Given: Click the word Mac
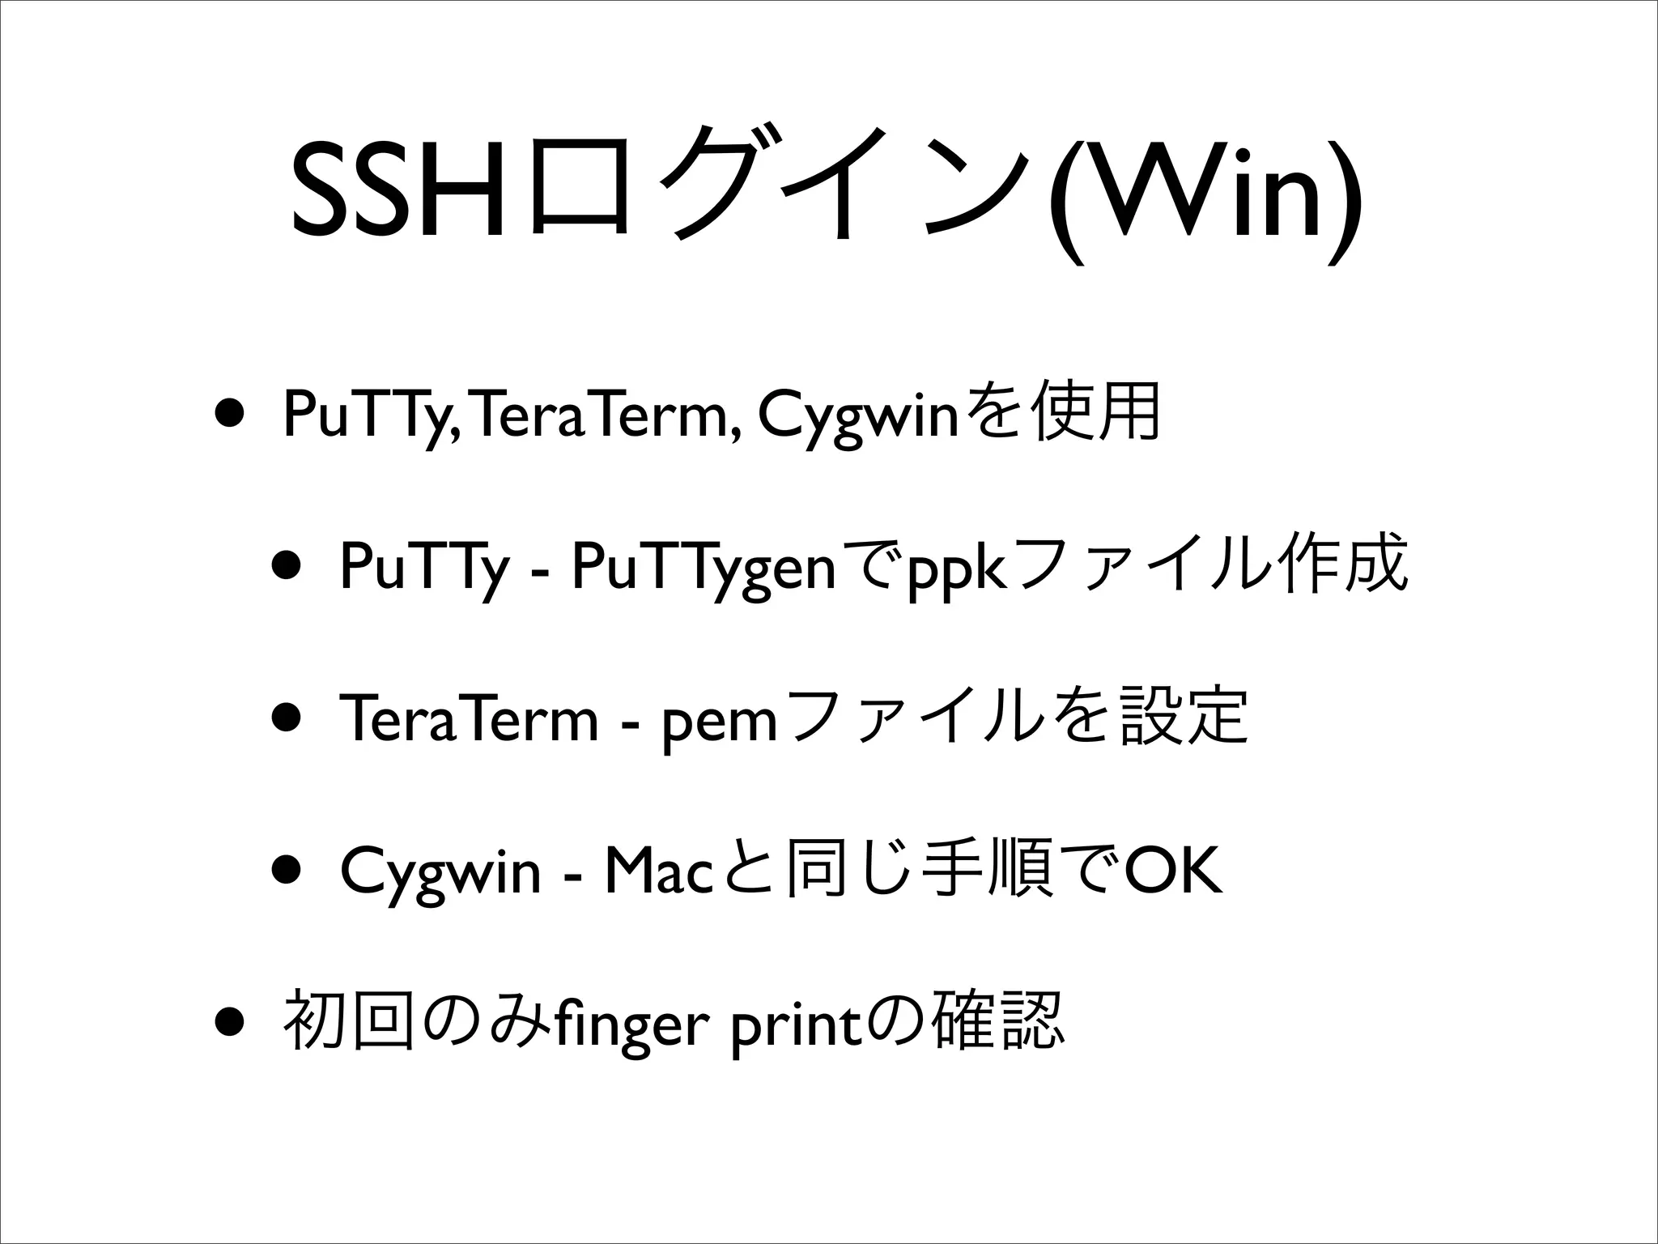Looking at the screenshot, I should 657,872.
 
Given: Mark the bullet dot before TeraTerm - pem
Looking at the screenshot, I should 287,718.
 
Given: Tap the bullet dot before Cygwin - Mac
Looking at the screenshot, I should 287,871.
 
